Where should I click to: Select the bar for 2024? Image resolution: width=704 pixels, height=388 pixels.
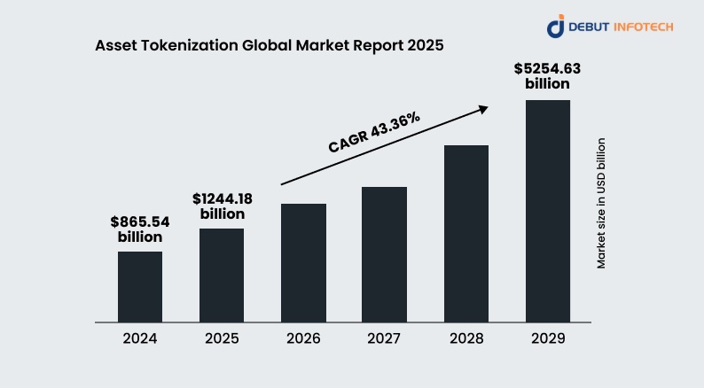[140, 287]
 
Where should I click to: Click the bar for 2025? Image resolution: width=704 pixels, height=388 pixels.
[222, 275]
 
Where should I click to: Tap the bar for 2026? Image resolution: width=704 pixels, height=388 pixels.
[303, 263]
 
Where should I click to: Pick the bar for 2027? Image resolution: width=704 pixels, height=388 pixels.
[384, 254]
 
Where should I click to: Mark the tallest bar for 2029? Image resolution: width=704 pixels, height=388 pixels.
[547, 211]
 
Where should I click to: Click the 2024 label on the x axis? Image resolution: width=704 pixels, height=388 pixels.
[140, 338]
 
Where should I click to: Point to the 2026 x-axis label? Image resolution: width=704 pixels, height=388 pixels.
[303, 338]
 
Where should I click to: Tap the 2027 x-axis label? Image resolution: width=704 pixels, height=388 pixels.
[384, 338]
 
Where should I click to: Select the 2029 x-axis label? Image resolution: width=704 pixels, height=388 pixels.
[547, 338]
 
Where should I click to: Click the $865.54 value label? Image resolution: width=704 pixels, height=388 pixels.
[140, 221]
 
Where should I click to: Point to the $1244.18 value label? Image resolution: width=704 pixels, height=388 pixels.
[222, 198]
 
